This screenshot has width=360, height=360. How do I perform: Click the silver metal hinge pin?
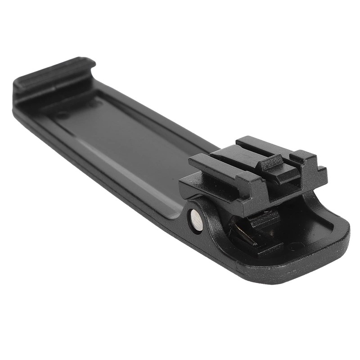click(196, 220)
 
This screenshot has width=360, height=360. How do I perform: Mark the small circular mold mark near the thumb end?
click(296, 246)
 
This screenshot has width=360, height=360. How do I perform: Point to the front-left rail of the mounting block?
click(211, 164)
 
